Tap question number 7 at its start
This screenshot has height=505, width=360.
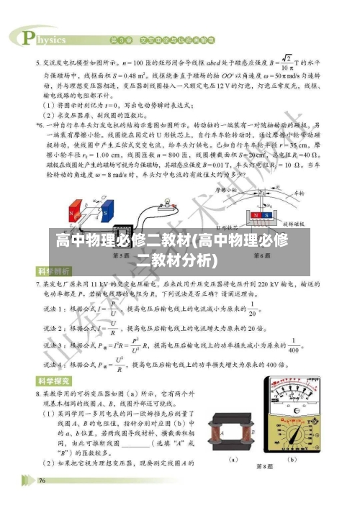[39, 284]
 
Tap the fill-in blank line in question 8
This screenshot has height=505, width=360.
[162, 445]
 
